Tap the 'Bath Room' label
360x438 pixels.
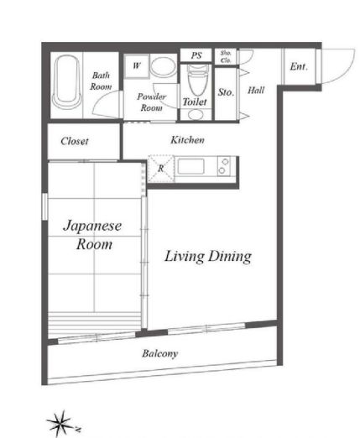pos(102,81)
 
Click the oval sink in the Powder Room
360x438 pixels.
pos(164,68)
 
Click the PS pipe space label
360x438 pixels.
pos(196,56)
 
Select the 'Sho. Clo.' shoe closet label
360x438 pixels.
pos(226,56)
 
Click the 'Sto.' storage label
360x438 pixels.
pos(225,92)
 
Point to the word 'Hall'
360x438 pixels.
pos(256,89)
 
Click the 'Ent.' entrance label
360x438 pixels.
pos(298,66)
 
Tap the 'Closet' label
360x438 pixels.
pos(75,141)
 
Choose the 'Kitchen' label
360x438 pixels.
pos(187,139)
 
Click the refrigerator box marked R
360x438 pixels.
pos(160,167)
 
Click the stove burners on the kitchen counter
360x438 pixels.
pos(224,166)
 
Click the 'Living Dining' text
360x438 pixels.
pos(207,257)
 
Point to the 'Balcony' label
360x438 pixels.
pos(159,353)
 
